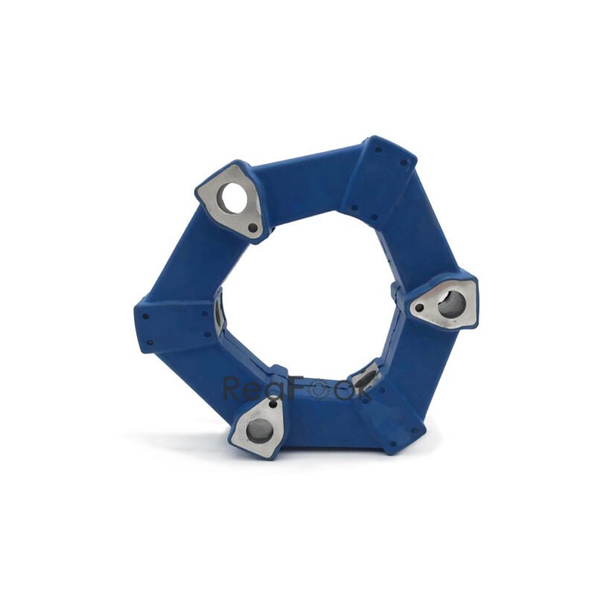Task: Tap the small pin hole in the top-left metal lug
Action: (x=253, y=226)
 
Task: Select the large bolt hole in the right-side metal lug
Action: (x=449, y=304)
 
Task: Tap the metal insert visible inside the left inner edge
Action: (x=219, y=313)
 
